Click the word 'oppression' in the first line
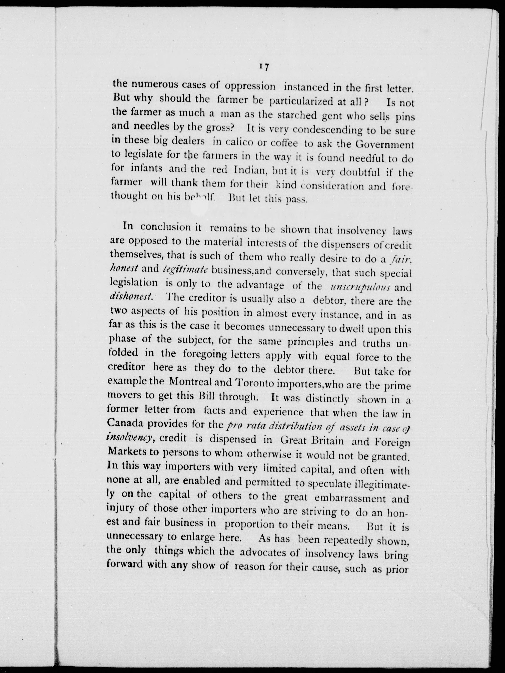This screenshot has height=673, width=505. pyautogui.click(x=250, y=86)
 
